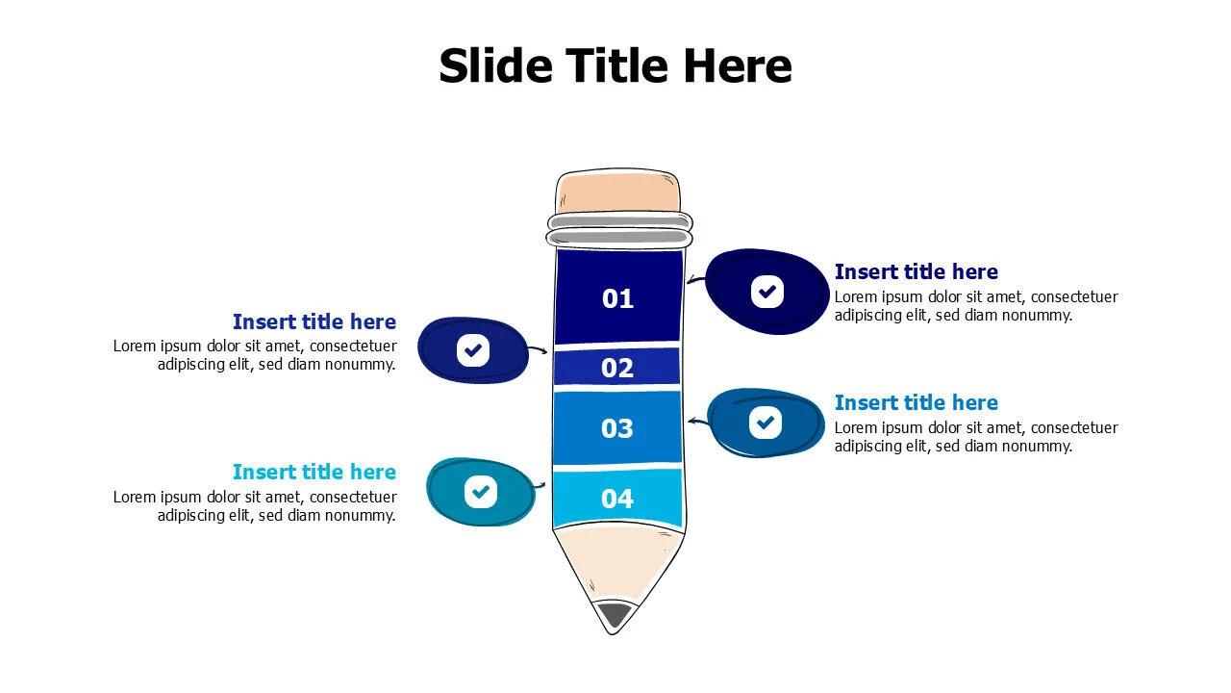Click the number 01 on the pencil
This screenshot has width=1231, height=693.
[617, 298]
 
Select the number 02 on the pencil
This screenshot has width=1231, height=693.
[617, 368]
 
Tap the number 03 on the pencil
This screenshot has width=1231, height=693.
[617, 428]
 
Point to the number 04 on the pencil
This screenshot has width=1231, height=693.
[617, 499]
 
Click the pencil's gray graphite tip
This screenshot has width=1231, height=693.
[615, 613]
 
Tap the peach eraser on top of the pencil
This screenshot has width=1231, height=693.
[618, 192]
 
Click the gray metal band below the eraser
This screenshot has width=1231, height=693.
[619, 229]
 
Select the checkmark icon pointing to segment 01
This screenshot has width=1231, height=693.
[767, 292]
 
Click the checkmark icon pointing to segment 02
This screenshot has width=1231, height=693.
[473, 349]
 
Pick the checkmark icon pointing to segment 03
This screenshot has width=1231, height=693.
[766, 423]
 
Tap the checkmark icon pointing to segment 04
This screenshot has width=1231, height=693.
[481, 491]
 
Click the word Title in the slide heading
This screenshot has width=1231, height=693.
[618, 66]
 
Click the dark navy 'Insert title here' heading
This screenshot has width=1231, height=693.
[917, 271]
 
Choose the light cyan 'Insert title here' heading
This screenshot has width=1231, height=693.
[314, 472]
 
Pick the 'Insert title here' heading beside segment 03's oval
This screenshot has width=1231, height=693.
[917, 402]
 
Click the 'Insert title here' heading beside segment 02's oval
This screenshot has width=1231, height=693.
[314, 321]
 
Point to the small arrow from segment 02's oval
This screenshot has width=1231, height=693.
[538, 348]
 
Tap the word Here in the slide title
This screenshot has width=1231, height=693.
[738, 66]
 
